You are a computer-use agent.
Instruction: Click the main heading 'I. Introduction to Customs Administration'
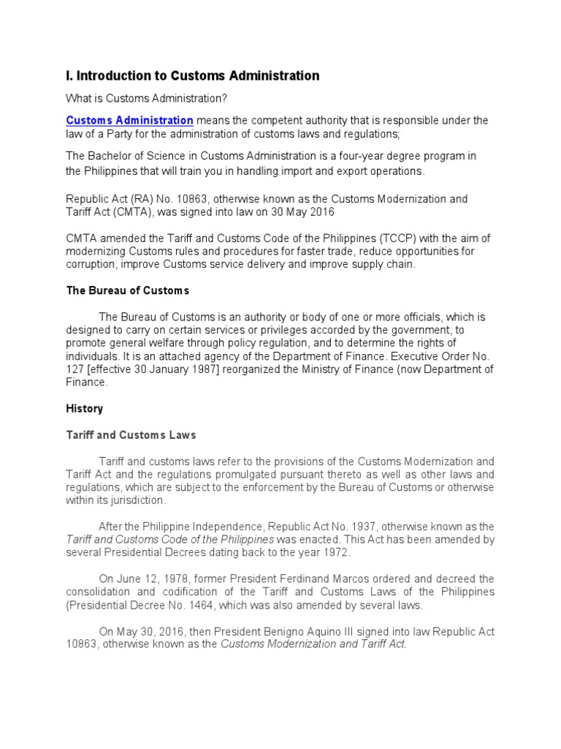point(193,76)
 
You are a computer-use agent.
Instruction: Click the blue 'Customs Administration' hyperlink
point(129,120)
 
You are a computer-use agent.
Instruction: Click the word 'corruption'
point(91,265)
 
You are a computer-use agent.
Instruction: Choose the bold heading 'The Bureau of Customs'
point(128,290)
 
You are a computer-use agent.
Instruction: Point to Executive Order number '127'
point(75,369)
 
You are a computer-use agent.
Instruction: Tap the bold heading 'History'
point(85,408)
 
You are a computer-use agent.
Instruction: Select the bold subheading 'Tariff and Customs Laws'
point(131,435)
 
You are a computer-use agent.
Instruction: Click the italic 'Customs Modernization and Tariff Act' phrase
point(313,645)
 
